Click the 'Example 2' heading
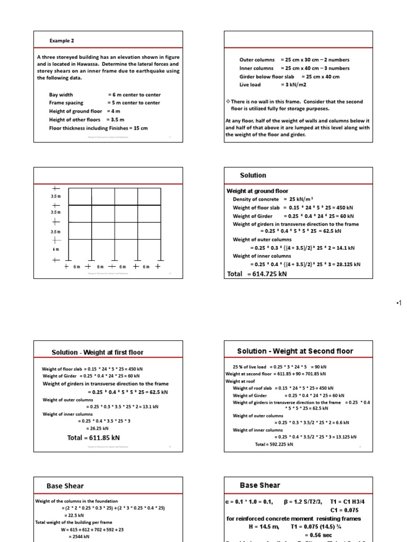tap(61, 40)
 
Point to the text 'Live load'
tap(250, 85)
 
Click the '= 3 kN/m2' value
tap(295, 85)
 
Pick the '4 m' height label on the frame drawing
tap(55, 249)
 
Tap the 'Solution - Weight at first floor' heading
tap(97, 353)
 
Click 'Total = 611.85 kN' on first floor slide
tap(93, 438)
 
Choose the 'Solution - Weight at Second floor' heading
tap(295, 351)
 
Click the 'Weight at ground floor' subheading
tap(258, 191)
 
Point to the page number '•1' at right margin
tap(399, 302)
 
